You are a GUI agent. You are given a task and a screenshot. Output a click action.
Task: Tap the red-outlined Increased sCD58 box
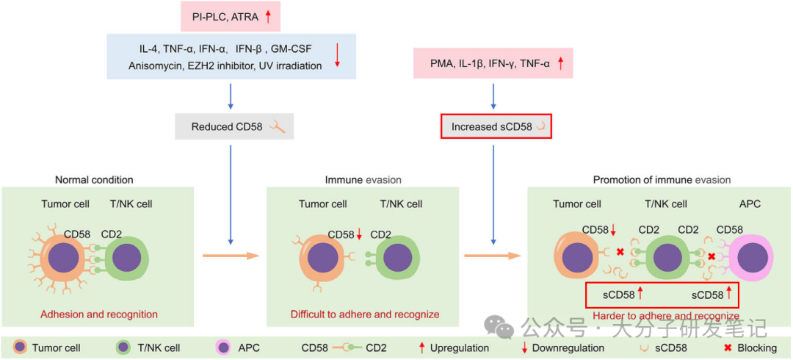[495, 126]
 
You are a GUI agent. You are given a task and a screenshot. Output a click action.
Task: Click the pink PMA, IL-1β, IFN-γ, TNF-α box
[493, 64]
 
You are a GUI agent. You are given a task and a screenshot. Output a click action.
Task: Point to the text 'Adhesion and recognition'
[99, 314]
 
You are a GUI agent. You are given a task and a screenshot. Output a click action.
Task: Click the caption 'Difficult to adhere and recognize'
[365, 314]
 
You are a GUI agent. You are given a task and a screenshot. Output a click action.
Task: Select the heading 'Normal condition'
[94, 179]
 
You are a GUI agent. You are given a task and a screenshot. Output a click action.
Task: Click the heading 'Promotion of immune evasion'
[662, 179]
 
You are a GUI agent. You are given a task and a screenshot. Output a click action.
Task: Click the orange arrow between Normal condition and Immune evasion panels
[231, 256]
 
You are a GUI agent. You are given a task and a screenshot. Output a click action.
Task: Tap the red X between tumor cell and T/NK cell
[620, 252]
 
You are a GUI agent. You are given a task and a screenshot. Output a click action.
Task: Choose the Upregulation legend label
[460, 348]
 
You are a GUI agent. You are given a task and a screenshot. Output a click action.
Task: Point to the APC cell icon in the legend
[222, 348]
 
